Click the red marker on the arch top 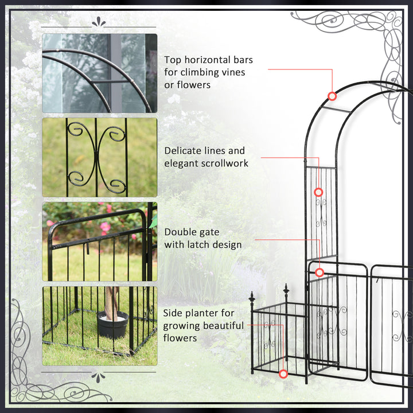tap(332, 96)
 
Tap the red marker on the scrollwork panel tap(318, 192)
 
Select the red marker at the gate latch tap(320, 272)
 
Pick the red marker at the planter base tap(283, 374)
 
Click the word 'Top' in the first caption tap(174, 60)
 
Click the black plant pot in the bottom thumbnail tap(112, 325)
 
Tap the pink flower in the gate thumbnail tap(105, 227)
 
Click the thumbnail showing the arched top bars tap(99, 73)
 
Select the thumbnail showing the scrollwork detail tap(99, 157)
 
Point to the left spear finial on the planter tap(251, 297)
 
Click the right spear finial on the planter tap(286, 289)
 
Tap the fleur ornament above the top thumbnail tap(99, 22)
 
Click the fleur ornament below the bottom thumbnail tap(99, 377)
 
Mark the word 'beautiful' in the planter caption tap(220, 326)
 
